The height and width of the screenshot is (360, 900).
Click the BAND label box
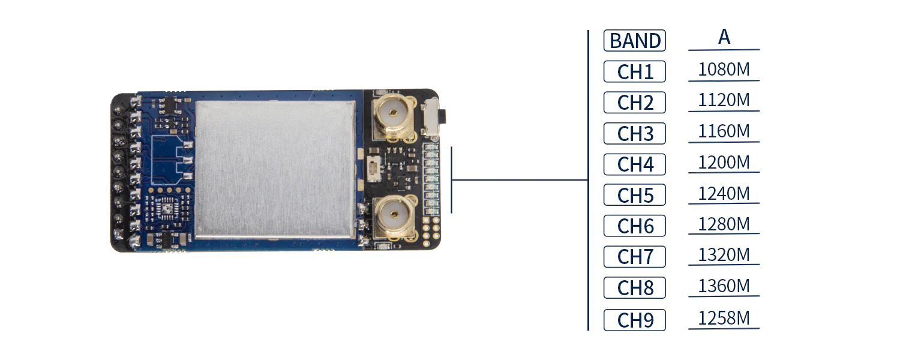[x=635, y=41]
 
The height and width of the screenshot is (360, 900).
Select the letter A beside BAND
[x=724, y=37]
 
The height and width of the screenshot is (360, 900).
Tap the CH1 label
[x=635, y=72]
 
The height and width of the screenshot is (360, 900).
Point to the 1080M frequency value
[x=724, y=70]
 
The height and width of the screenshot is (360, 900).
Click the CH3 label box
[x=635, y=134]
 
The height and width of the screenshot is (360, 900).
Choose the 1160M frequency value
[x=724, y=131]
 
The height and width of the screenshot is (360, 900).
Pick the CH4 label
[x=635, y=164]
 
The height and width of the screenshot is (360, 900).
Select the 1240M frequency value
[x=724, y=193]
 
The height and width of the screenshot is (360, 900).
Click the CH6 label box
[x=635, y=226]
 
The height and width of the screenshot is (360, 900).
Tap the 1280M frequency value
[x=724, y=224]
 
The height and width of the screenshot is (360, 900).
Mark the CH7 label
[x=635, y=257]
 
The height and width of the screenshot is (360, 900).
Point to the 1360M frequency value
[x=724, y=286]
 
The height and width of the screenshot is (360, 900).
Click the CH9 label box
[x=635, y=319]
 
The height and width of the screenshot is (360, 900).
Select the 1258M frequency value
[x=724, y=317]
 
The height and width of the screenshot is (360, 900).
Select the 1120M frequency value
[x=724, y=100]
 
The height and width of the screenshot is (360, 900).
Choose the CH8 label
[x=635, y=288]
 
